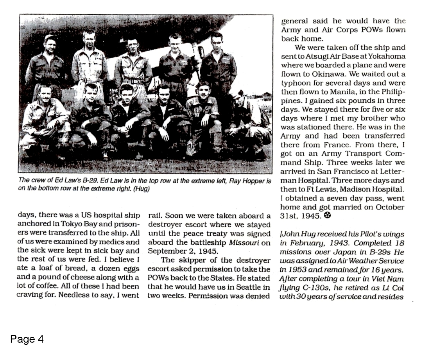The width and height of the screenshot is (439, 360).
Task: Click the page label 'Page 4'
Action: pyautogui.click(x=27, y=339)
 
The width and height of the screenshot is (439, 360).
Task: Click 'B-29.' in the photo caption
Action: pyautogui.click(x=88, y=181)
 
